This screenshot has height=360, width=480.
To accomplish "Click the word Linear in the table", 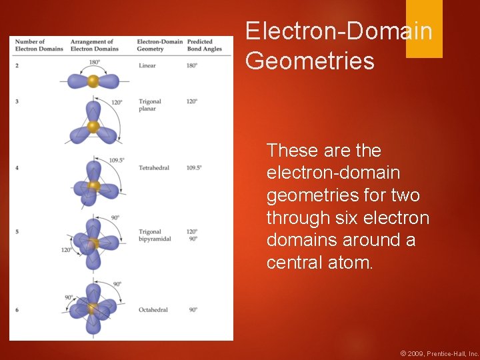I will (147, 66).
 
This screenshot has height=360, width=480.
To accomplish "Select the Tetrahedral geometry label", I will (154, 168).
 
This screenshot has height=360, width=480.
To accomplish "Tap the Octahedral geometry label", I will (153, 309).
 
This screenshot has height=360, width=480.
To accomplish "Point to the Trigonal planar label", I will (150, 105).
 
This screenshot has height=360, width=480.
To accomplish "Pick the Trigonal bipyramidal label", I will (155, 235).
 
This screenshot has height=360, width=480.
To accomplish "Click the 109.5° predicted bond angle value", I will (194, 168).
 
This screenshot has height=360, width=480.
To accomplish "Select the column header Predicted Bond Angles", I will (200, 45).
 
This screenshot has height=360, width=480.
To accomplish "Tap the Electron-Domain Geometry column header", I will (159, 45).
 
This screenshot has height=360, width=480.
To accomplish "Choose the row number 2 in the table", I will (17, 66).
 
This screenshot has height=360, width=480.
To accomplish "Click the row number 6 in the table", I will (17, 310).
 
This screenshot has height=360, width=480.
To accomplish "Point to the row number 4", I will (17, 168).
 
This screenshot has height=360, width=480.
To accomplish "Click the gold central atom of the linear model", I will (93, 81).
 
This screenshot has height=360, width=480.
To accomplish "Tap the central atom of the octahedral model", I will (93, 309).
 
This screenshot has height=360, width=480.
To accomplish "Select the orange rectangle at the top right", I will (424, 29).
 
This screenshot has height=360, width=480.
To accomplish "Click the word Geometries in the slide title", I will (310, 61).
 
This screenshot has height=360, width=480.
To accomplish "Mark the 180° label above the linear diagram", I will (95, 62).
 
